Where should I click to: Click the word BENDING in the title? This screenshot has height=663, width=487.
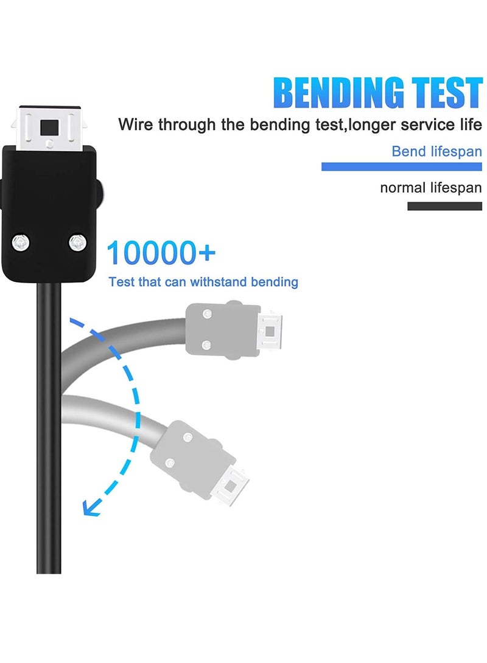(x=339, y=92)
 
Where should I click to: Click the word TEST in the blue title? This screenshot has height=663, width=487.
(x=448, y=92)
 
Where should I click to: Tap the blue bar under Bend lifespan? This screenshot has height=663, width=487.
(x=401, y=167)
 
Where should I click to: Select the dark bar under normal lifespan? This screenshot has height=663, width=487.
(x=444, y=206)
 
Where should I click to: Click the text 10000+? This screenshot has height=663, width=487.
(x=161, y=253)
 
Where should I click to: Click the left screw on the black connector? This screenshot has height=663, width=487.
(x=20, y=242)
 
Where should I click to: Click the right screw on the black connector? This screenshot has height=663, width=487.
(x=77, y=242)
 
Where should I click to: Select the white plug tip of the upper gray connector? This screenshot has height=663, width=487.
(x=270, y=331)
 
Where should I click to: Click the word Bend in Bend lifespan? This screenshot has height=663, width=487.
(x=408, y=151)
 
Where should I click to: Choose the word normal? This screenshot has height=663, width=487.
(x=403, y=187)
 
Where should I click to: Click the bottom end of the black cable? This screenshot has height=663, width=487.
(x=49, y=572)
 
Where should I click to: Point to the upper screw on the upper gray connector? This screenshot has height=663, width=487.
(x=207, y=314)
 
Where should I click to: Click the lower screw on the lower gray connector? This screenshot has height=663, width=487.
(x=170, y=462)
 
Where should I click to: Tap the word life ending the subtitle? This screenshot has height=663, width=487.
(x=471, y=125)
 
